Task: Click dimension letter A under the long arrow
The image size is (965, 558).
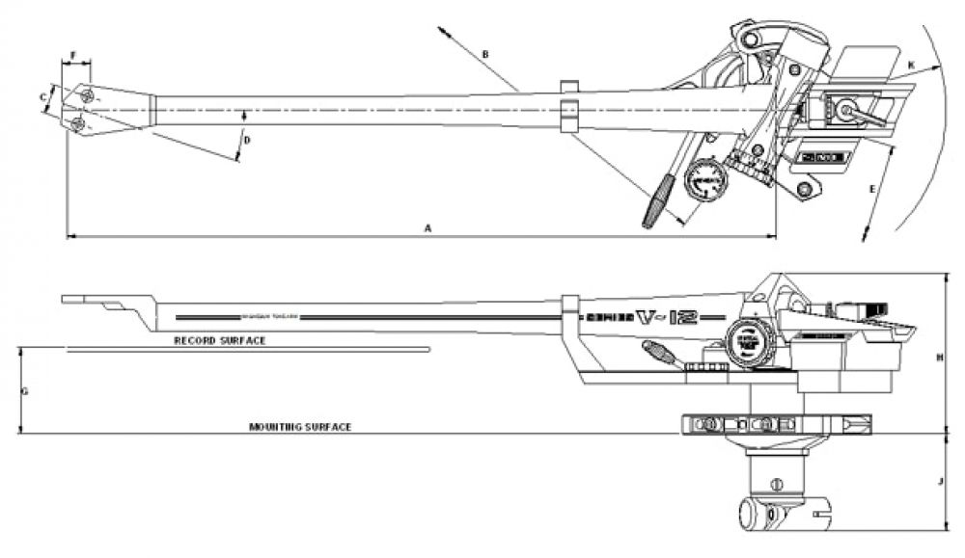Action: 427,227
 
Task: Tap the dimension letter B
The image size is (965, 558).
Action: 486,55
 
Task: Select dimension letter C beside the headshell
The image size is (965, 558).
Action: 43,96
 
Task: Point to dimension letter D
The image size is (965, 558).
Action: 247,141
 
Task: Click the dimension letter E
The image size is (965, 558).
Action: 872,190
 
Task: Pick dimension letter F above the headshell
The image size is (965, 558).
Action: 73,56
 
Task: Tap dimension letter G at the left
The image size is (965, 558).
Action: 25,391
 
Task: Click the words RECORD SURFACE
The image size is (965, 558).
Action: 219,341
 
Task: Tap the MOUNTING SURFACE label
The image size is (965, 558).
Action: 299,426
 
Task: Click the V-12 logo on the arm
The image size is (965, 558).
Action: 665,317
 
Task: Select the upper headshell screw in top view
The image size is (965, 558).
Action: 88,94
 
